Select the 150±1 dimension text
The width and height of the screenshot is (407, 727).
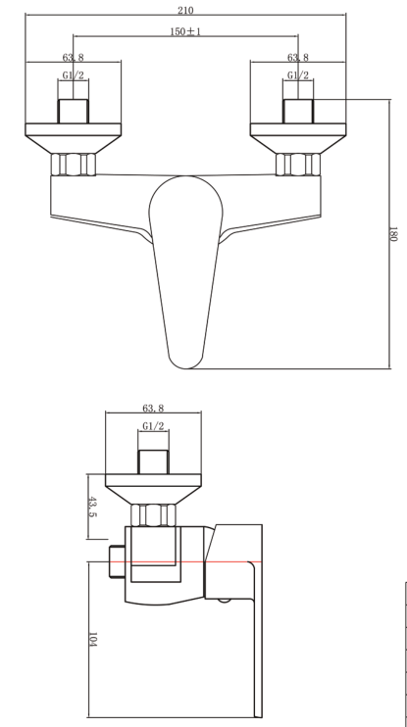[184, 32]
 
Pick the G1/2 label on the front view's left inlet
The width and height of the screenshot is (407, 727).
[73, 75]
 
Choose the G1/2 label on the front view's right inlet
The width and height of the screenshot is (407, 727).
[298, 75]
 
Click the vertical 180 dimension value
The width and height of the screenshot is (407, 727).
[393, 235]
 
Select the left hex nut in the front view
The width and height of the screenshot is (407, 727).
[74, 164]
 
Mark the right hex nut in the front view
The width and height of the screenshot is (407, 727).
[298, 164]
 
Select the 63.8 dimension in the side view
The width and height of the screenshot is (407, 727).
[152, 409]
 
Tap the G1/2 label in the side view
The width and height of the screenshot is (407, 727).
[152, 427]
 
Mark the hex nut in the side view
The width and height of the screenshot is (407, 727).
[152, 514]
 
